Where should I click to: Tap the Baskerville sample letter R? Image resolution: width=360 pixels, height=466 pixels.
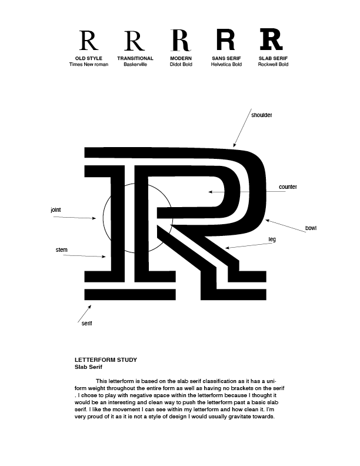[135, 41]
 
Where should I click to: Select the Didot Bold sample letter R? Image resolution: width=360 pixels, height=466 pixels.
[181, 40]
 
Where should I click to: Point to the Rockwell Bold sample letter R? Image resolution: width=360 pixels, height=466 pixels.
[272, 40]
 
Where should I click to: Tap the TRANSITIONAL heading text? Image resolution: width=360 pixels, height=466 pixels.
[135, 59]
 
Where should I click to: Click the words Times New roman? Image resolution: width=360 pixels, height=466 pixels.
[89, 64]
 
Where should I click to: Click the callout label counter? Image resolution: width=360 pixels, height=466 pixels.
[288, 187]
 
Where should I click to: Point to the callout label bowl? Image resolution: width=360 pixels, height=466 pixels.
[311, 228]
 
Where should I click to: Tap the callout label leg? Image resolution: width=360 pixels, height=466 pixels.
[272, 239]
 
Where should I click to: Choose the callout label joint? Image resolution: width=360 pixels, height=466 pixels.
[56, 209]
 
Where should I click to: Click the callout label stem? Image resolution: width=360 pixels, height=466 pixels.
[61, 250]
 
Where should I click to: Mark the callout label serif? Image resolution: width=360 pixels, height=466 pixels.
[86, 324]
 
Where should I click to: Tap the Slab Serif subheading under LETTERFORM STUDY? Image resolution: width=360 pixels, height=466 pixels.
[89, 366]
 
